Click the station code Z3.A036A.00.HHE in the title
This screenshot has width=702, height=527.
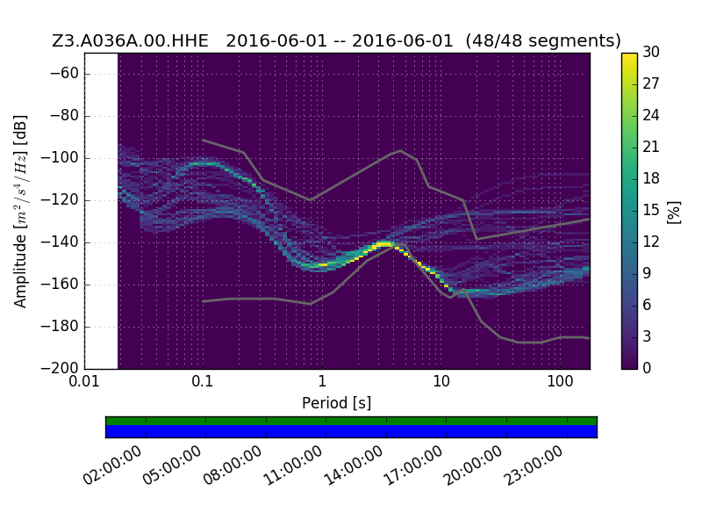tap(130, 40)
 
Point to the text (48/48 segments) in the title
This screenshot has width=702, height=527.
tap(543, 40)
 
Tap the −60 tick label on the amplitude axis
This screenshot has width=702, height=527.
tap(64, 73)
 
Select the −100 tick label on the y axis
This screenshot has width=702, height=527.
tap(60, 158)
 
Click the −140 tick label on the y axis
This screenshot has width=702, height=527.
tap(60, 242)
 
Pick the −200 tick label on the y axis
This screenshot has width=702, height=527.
tap(60, 368)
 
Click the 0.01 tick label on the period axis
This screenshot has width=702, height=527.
tap(84, 381)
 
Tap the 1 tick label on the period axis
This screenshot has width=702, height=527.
tap(322, 381)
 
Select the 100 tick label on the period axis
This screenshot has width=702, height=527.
tap(560, 381)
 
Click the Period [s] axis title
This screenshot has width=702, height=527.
tap(337, 403)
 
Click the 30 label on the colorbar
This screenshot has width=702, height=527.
tap(651, 53)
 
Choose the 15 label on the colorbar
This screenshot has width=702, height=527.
tap(651, 210)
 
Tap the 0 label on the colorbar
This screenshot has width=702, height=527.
tap(647, 368)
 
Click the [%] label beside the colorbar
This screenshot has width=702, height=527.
tap(673, 213)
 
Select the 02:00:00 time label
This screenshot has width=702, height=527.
tap(113, 466)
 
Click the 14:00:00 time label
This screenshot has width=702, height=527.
tap(354, 466)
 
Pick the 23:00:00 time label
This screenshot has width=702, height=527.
tap(534, 466)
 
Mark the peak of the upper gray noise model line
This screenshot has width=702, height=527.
tap(401, 150)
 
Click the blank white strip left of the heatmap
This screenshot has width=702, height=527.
tap(101, 211)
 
